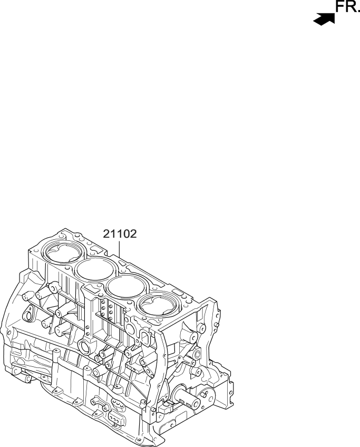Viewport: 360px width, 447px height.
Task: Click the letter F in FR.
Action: coord(339,7)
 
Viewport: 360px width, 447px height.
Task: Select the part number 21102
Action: coord(120,234)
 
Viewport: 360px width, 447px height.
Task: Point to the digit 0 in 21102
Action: coord(127,234)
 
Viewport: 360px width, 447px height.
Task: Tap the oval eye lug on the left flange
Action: coord(30,310)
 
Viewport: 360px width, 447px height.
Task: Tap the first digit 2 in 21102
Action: coord(106,234)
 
